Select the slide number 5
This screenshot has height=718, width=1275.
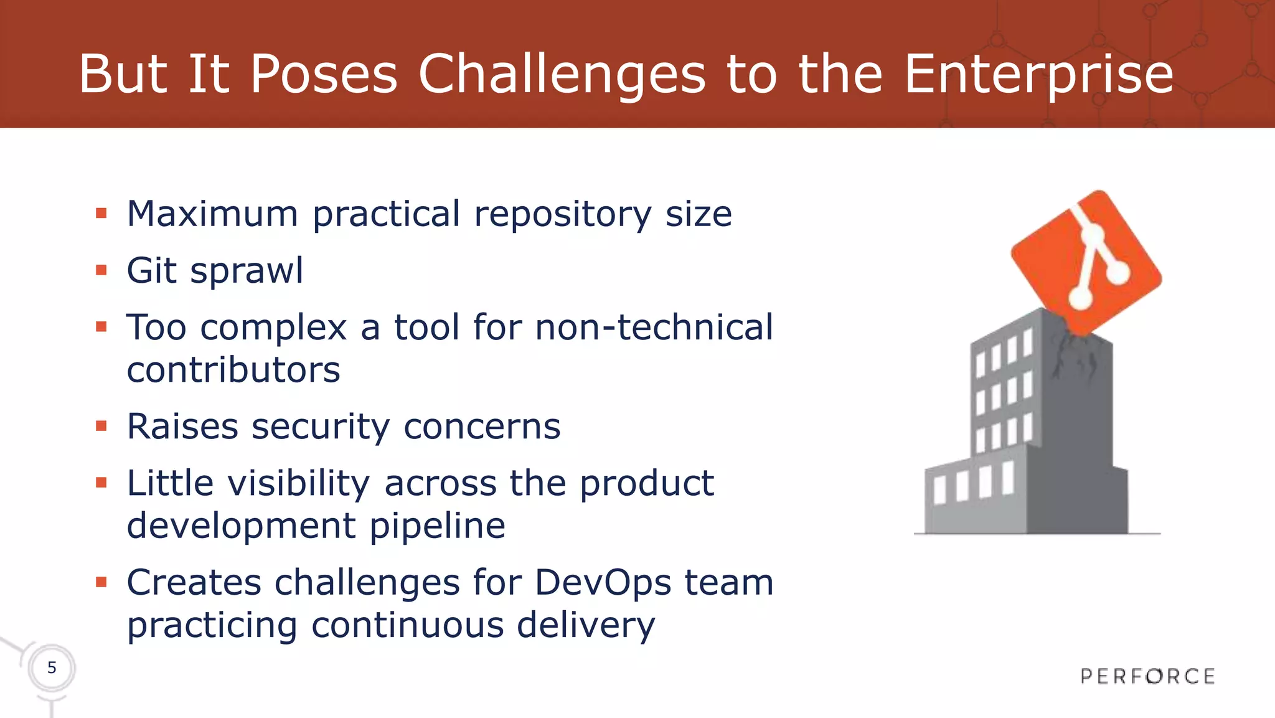point(52,668)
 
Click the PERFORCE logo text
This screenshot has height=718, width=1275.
point(1147,676)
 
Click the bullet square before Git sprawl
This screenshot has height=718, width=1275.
point(101,270)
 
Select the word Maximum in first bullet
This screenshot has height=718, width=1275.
point(212,214)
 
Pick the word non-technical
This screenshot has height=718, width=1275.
point(654,328)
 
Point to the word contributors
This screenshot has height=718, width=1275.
point(233,370)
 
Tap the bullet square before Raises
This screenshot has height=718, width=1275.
point(101,426)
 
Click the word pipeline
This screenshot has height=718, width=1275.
point(437,526)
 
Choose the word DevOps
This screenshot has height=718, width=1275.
point(603,583)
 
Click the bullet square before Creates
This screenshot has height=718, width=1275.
point(101,582)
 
